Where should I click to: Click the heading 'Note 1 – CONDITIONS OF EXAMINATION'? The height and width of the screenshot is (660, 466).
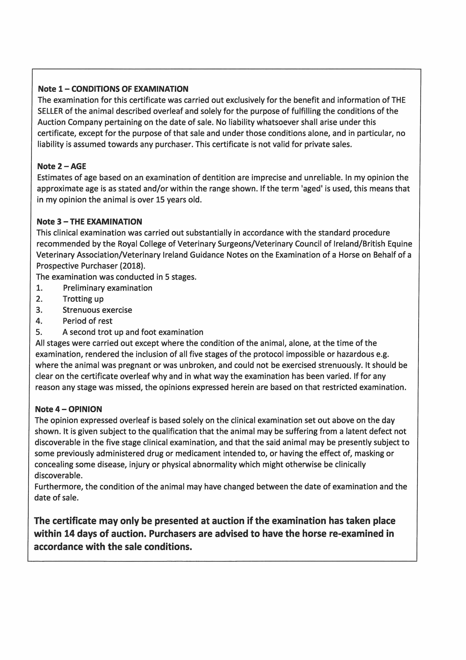click(x=113, y=89)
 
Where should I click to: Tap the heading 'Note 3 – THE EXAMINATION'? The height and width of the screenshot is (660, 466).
click(x=89, y=222)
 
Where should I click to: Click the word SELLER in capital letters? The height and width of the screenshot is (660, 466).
click(x=50, y=111)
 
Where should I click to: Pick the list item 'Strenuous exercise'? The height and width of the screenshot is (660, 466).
click(x=97, y=310)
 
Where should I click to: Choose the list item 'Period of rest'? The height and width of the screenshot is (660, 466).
click(x=88, y=321)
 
